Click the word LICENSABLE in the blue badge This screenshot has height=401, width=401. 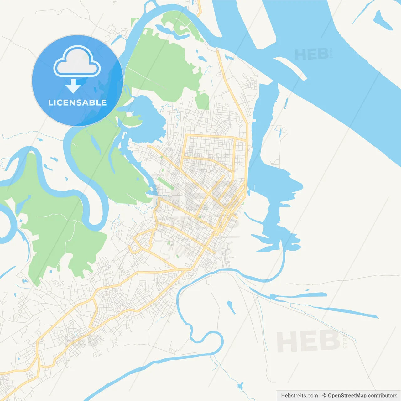coord(77,103)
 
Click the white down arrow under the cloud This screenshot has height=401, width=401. coord(73,86)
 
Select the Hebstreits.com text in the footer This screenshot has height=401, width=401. coord(299,396)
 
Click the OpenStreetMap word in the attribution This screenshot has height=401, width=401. coord(347,396)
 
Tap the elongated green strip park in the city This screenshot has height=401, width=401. coord(165,183)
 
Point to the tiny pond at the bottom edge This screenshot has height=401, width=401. coord(240,386)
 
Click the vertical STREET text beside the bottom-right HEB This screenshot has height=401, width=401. coord(345,338)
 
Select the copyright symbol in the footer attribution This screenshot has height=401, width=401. coord(324,396)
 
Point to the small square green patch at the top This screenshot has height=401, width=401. coord(135,22)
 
